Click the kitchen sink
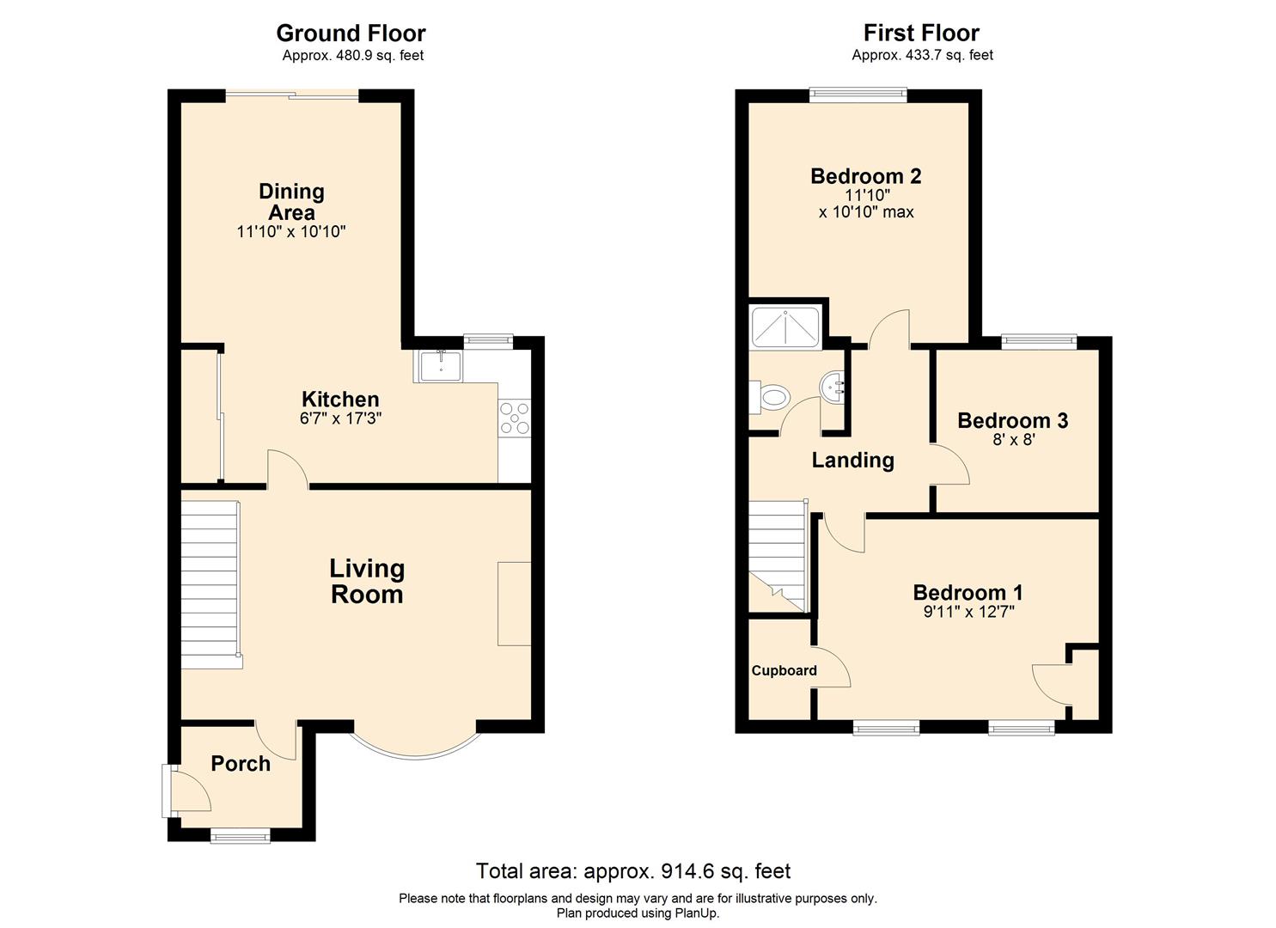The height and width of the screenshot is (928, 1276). (x=441, y=366)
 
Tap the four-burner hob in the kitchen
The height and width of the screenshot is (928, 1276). (x=515, y=418)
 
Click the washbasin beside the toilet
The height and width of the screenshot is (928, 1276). (x=833, y=388)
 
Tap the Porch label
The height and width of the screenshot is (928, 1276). (x=241, y=764)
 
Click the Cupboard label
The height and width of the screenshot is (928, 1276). (x=784, y=670)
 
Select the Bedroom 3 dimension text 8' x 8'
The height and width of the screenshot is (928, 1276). (x=1013, y=440)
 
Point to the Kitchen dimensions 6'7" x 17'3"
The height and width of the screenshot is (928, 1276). (x=340, y=418)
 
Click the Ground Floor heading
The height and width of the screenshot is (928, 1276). (x=351, y=33)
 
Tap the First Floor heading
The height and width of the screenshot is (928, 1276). (x=921, y=33)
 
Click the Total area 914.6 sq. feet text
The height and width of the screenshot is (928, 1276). (x=633, y=871)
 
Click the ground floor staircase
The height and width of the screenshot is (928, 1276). (x=211, y=584)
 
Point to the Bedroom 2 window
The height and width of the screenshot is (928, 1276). (x=858, y=95)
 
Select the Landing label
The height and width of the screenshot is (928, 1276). (x=852, y=461)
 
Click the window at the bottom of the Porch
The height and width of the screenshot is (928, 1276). (x=240, y=836)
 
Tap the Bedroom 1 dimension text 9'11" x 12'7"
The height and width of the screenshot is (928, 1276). (x=968, y=612)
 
